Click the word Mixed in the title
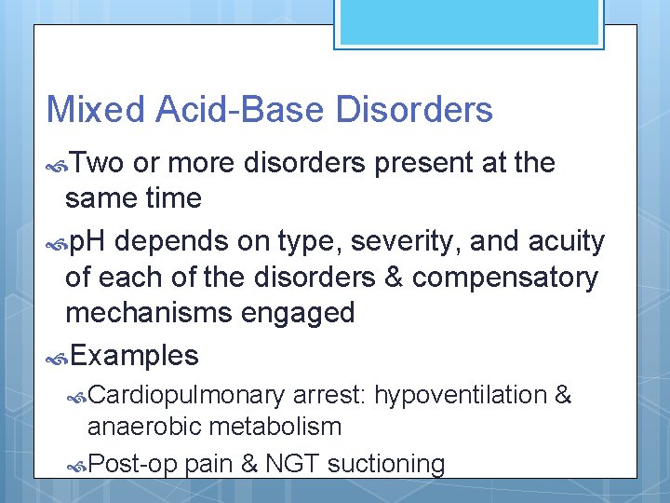[96, 110]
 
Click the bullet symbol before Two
[58, 164]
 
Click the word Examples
[134, 355]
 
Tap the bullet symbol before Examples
[58, 356]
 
